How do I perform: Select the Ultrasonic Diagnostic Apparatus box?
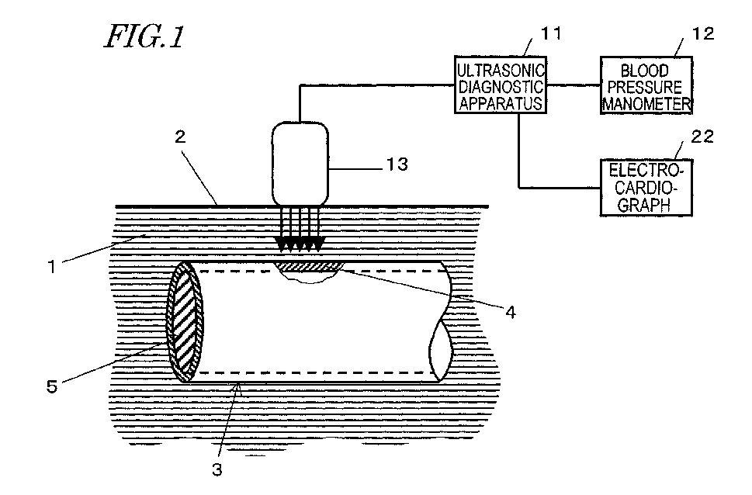click(500, 85)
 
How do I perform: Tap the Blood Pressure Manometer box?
click(644, 85)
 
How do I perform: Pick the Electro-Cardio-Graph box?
click(644, 186)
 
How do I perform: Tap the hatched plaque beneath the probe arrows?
click(309, 267)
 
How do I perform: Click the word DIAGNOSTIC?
click(500, 85)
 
